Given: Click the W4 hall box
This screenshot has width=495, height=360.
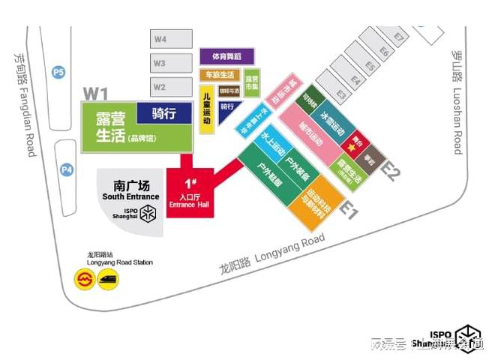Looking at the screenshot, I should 160,39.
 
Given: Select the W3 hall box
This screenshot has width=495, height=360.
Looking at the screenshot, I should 160,63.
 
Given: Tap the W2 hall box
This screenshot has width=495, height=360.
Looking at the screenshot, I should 160,87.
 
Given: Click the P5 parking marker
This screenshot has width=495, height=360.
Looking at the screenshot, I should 58,72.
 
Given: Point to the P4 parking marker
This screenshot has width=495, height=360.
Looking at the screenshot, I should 67,170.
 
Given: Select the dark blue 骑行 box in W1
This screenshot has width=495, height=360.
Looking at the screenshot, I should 163,113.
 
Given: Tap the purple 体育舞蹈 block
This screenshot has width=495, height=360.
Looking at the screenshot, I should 226,56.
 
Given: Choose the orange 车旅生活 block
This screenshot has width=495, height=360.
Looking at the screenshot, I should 220,75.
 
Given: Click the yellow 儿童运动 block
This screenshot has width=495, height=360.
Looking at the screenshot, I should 208,108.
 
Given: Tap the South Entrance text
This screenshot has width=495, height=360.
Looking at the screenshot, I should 131,196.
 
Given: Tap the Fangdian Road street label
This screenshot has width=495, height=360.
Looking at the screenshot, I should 25,104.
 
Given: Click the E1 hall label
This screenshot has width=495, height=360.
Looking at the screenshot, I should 349,209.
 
